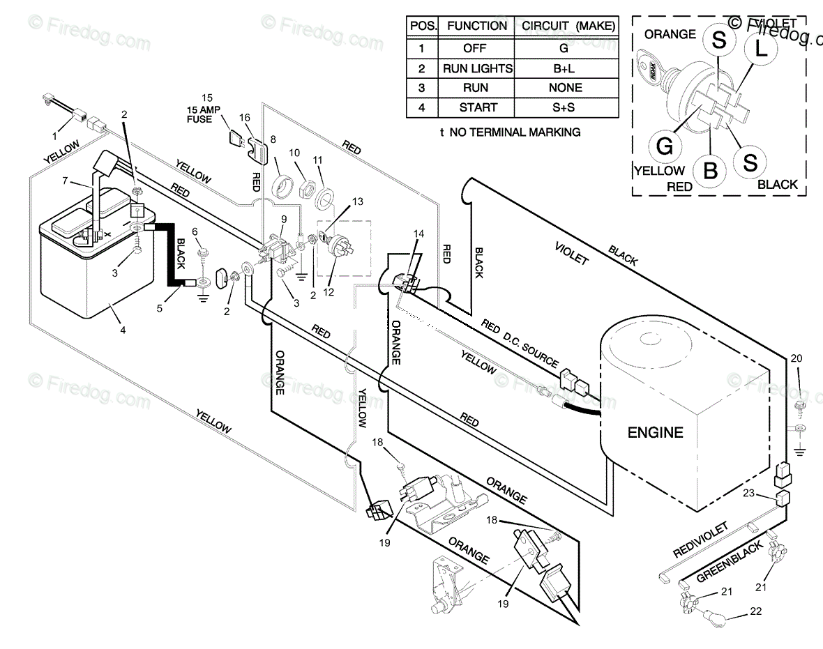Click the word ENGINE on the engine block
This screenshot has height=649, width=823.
pyautogui.click(x=655, y=432)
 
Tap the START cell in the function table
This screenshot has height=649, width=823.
pyautogui.click(x=478, y=107)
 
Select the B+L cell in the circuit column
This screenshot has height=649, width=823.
pyautogui.click(x=564, y=68)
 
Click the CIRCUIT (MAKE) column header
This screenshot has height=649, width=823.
pyautogui.click(x=564, y=26)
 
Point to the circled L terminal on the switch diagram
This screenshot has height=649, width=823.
pyautogui.click(x=761, y=48)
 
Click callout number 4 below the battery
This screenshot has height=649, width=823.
pyautogui.click(x=123, y=330)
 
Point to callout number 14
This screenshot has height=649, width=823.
pyautogui.click(x=418, y=234)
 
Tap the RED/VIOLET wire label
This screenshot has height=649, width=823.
pyautogui.click(x=700, y=540)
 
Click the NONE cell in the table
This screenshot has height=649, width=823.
pyautogui.click(x=564, y=88)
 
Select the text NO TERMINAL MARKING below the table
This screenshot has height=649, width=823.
pyautogui.click(x=515, y=132)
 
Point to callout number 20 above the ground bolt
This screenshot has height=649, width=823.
pyautogui.click(x=796, y=358)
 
